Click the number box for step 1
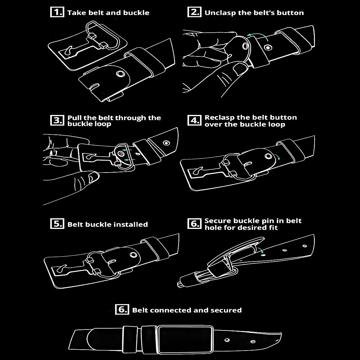57,12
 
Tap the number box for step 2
194,12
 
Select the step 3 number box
57,120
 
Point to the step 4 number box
194,120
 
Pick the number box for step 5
57,224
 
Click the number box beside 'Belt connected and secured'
122,309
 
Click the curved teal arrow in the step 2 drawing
257,35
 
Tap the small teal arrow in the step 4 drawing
278,157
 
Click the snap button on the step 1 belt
120,74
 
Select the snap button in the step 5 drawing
134,255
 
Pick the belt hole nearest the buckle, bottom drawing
227,340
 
